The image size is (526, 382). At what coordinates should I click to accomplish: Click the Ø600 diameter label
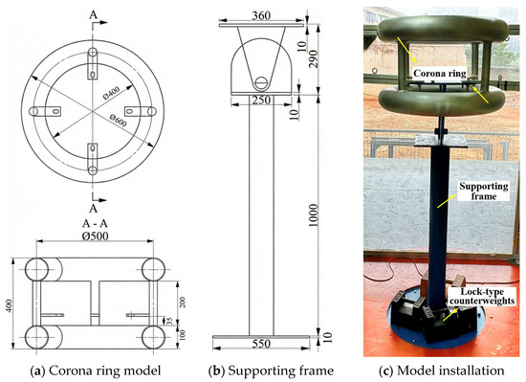pos(118,121)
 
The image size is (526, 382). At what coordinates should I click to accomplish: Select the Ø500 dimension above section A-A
pos(96,236)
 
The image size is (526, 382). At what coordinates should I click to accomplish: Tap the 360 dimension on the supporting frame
pos(261,15)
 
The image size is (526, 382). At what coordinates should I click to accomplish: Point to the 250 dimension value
pos(261,100)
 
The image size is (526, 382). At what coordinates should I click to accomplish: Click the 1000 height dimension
pos(313,214)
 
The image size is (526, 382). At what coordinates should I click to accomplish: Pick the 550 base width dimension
pos(261,344)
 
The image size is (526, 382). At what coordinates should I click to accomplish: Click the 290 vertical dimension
pos(313,58)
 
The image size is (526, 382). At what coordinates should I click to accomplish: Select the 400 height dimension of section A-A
pos(11,305)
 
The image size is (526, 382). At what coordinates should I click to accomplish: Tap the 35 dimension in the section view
pos(170,321)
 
